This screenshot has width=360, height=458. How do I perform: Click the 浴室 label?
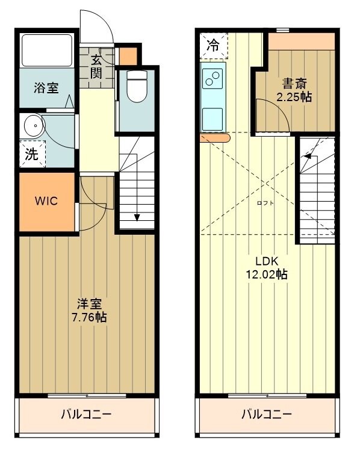pos(46,88)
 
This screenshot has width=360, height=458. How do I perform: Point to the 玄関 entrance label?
pos(96,66)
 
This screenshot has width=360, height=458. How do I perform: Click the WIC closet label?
pos(46,201)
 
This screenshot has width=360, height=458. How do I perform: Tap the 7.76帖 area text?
pos(87,317)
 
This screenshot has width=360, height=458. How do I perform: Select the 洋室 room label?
pos(87,303)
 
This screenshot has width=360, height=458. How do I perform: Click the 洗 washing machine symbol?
pos(31,154)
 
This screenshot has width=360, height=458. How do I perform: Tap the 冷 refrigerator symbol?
pos(213,44)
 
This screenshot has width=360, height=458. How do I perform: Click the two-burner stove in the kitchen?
pos(214,78)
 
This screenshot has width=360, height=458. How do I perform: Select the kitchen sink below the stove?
pos(214,116)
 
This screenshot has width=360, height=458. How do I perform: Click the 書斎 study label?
pos(294,83)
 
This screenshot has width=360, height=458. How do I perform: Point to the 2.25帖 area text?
pos(294,97)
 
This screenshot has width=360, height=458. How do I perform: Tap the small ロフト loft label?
pos(265,203)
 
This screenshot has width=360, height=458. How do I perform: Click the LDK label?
pos(266,261)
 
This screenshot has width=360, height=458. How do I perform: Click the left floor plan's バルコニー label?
pos(87,415)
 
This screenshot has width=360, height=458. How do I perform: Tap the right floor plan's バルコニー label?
pos(267,415)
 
